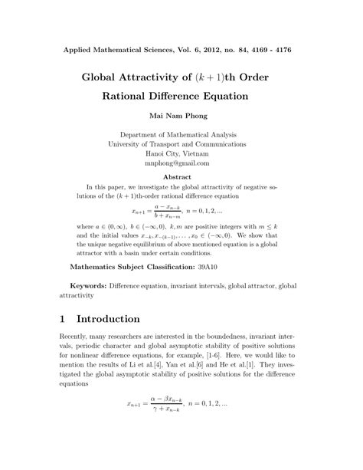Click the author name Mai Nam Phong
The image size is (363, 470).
coord(181,119)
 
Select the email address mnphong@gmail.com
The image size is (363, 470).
coord(181,163)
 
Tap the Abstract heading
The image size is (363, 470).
coord(181,176)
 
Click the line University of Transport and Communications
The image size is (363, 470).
coord(181,142)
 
